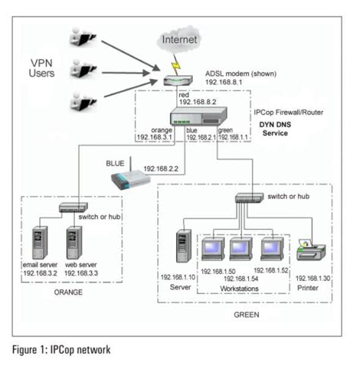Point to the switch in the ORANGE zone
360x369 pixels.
(x=74, y=207)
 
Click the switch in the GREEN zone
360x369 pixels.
(x=248, y=198)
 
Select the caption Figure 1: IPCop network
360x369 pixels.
(x=67, y=351)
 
